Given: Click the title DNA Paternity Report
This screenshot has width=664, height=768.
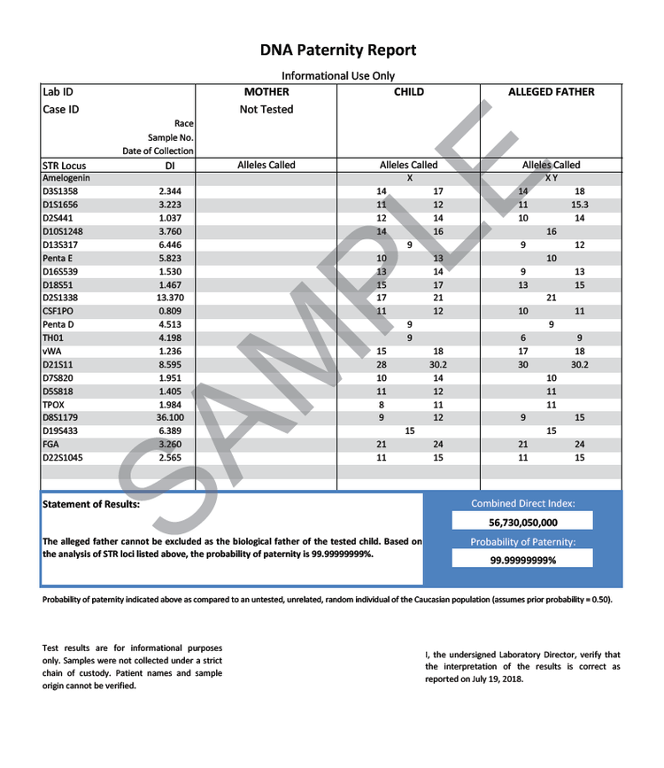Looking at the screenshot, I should coord(337,50).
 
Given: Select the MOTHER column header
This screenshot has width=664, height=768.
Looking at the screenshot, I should coord(266,92).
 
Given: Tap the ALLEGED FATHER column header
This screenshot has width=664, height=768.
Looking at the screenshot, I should coord(551,92).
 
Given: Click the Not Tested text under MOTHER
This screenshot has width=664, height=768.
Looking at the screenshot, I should coord(266,110).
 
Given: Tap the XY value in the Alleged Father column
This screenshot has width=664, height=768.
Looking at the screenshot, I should coord(551,178).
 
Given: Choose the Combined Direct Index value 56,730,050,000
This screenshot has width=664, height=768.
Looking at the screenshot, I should coord(523,523).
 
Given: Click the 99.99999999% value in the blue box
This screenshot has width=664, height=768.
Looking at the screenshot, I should coord(523,560).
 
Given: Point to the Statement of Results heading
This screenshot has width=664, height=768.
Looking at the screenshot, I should coord(91,504).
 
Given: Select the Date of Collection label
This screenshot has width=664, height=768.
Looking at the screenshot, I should coord(158,151).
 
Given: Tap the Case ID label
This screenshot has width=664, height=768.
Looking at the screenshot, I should coord(60,110).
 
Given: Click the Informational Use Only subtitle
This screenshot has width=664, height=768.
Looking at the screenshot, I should coord(337,76).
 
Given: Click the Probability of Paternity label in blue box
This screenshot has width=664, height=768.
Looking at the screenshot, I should coord(523,541).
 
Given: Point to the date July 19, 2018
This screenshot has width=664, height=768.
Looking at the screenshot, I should coord(500,679).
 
